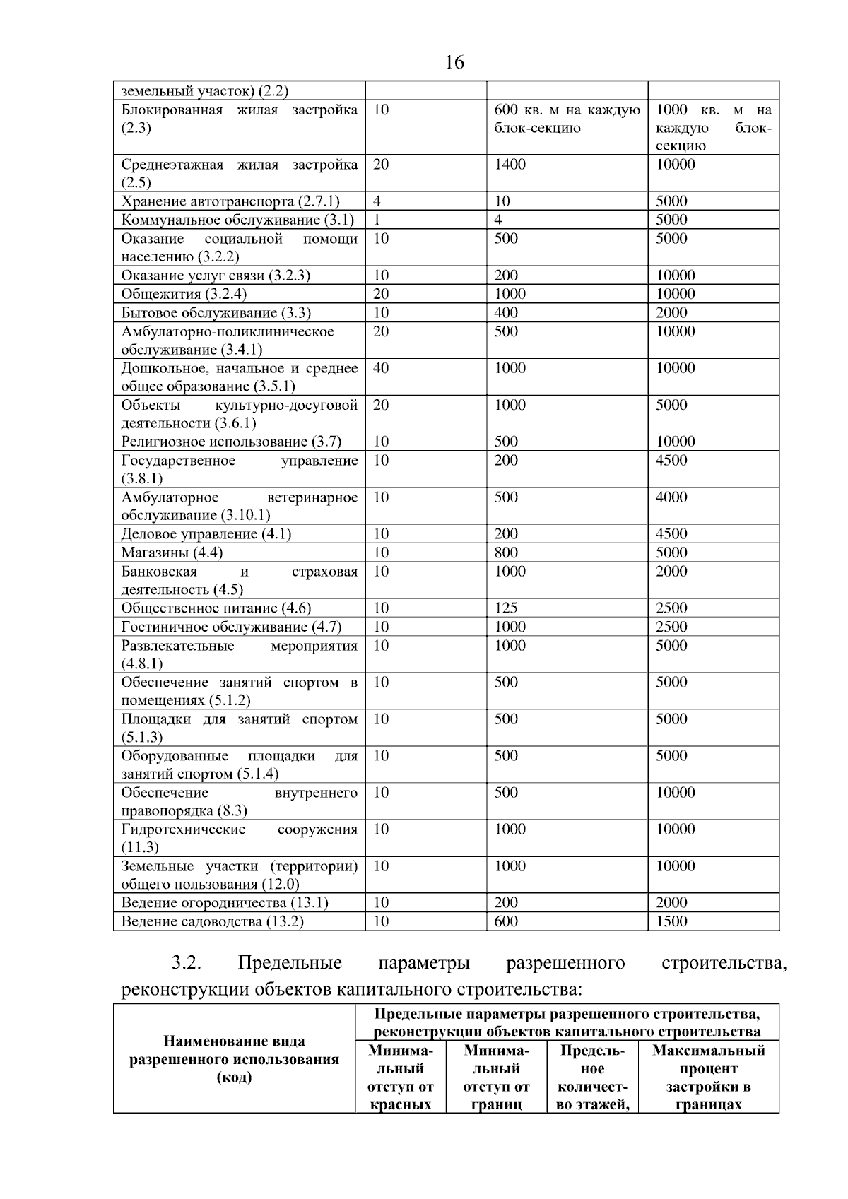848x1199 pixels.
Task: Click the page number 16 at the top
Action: click(x=454, y=63)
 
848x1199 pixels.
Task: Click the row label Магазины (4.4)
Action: click(x=172, y=553)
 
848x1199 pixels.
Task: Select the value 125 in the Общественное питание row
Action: click(x=506, y=608)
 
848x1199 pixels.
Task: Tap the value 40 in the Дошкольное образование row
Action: click(x=381, y=368)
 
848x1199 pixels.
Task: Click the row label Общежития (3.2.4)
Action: click(x=184, y=294)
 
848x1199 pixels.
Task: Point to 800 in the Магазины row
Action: click(x=506, y=553)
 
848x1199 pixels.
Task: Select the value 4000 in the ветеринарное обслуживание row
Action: click(x=671, y=497)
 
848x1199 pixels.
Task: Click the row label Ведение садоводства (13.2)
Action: click(x=212, y=921)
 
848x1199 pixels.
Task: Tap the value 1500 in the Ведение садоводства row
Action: click(x=671, y=921)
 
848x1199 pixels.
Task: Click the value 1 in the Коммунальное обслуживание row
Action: click(x=377, y=220)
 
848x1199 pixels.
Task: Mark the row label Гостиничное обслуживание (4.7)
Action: click(x=231, y=627)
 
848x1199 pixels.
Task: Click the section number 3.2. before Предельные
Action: click(x=187, y=963)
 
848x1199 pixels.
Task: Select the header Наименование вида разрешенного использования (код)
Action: click(x=234, y=1059)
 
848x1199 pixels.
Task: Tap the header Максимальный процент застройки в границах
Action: click(x=708, y=1077)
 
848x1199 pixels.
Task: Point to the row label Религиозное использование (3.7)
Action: click(x=231, y=442)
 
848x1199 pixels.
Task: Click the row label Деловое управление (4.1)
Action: click(x=206, y=534)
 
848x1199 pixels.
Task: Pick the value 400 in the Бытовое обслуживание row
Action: click(x=506, y=313)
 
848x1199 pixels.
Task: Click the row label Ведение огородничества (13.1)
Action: click(x=225, y=903)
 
